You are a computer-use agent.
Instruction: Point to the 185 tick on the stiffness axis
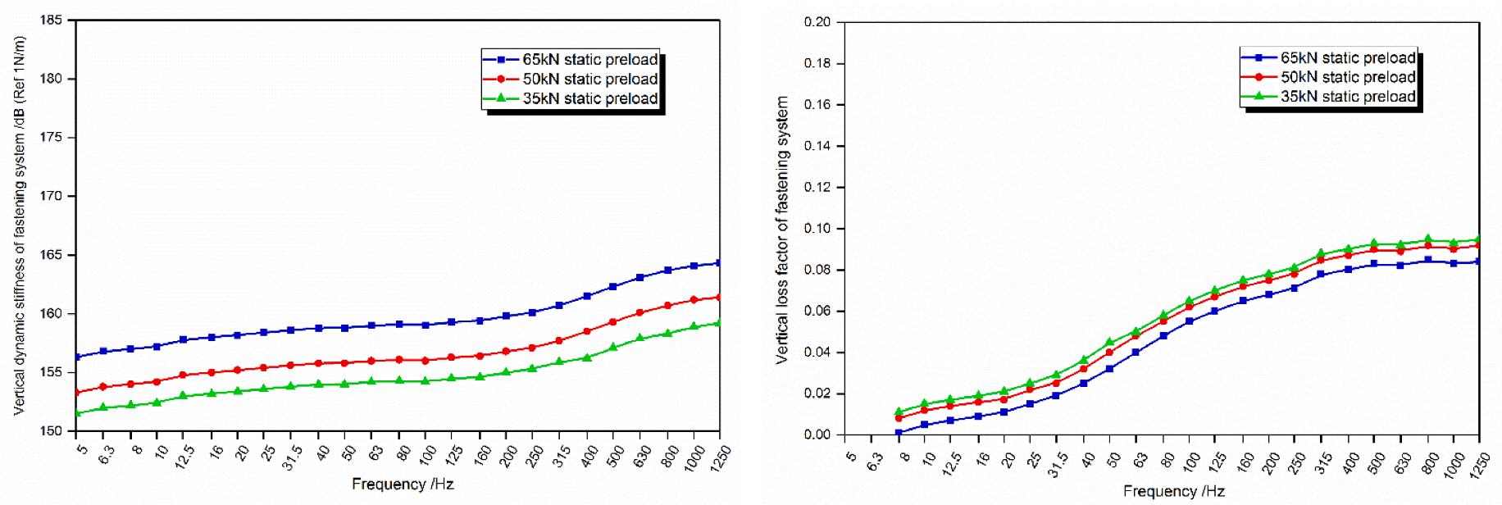point(52,20)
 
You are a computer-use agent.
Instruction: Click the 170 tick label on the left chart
point(52,196)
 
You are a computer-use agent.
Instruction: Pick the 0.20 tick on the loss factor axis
point(817,22)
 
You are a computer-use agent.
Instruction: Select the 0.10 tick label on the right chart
point(817,229)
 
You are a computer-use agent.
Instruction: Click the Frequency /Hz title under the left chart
point(403,485)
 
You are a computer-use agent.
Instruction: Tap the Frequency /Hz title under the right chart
point(1173,491)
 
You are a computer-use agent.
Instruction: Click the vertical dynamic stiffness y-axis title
point(20,225)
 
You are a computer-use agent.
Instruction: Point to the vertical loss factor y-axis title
point(782,230)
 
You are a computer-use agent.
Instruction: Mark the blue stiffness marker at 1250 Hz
point(719,263)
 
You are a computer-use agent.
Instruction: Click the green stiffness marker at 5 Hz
point(77,413)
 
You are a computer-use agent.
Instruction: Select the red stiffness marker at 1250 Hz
point(719,297)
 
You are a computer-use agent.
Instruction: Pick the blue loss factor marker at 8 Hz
point(899,432)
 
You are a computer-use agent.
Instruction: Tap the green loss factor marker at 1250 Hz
point(1479,240)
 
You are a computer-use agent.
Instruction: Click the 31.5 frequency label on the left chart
point(292,457)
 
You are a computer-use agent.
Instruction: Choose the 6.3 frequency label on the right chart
point(874,462)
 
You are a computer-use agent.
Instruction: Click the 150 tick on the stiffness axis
point(52,431)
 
